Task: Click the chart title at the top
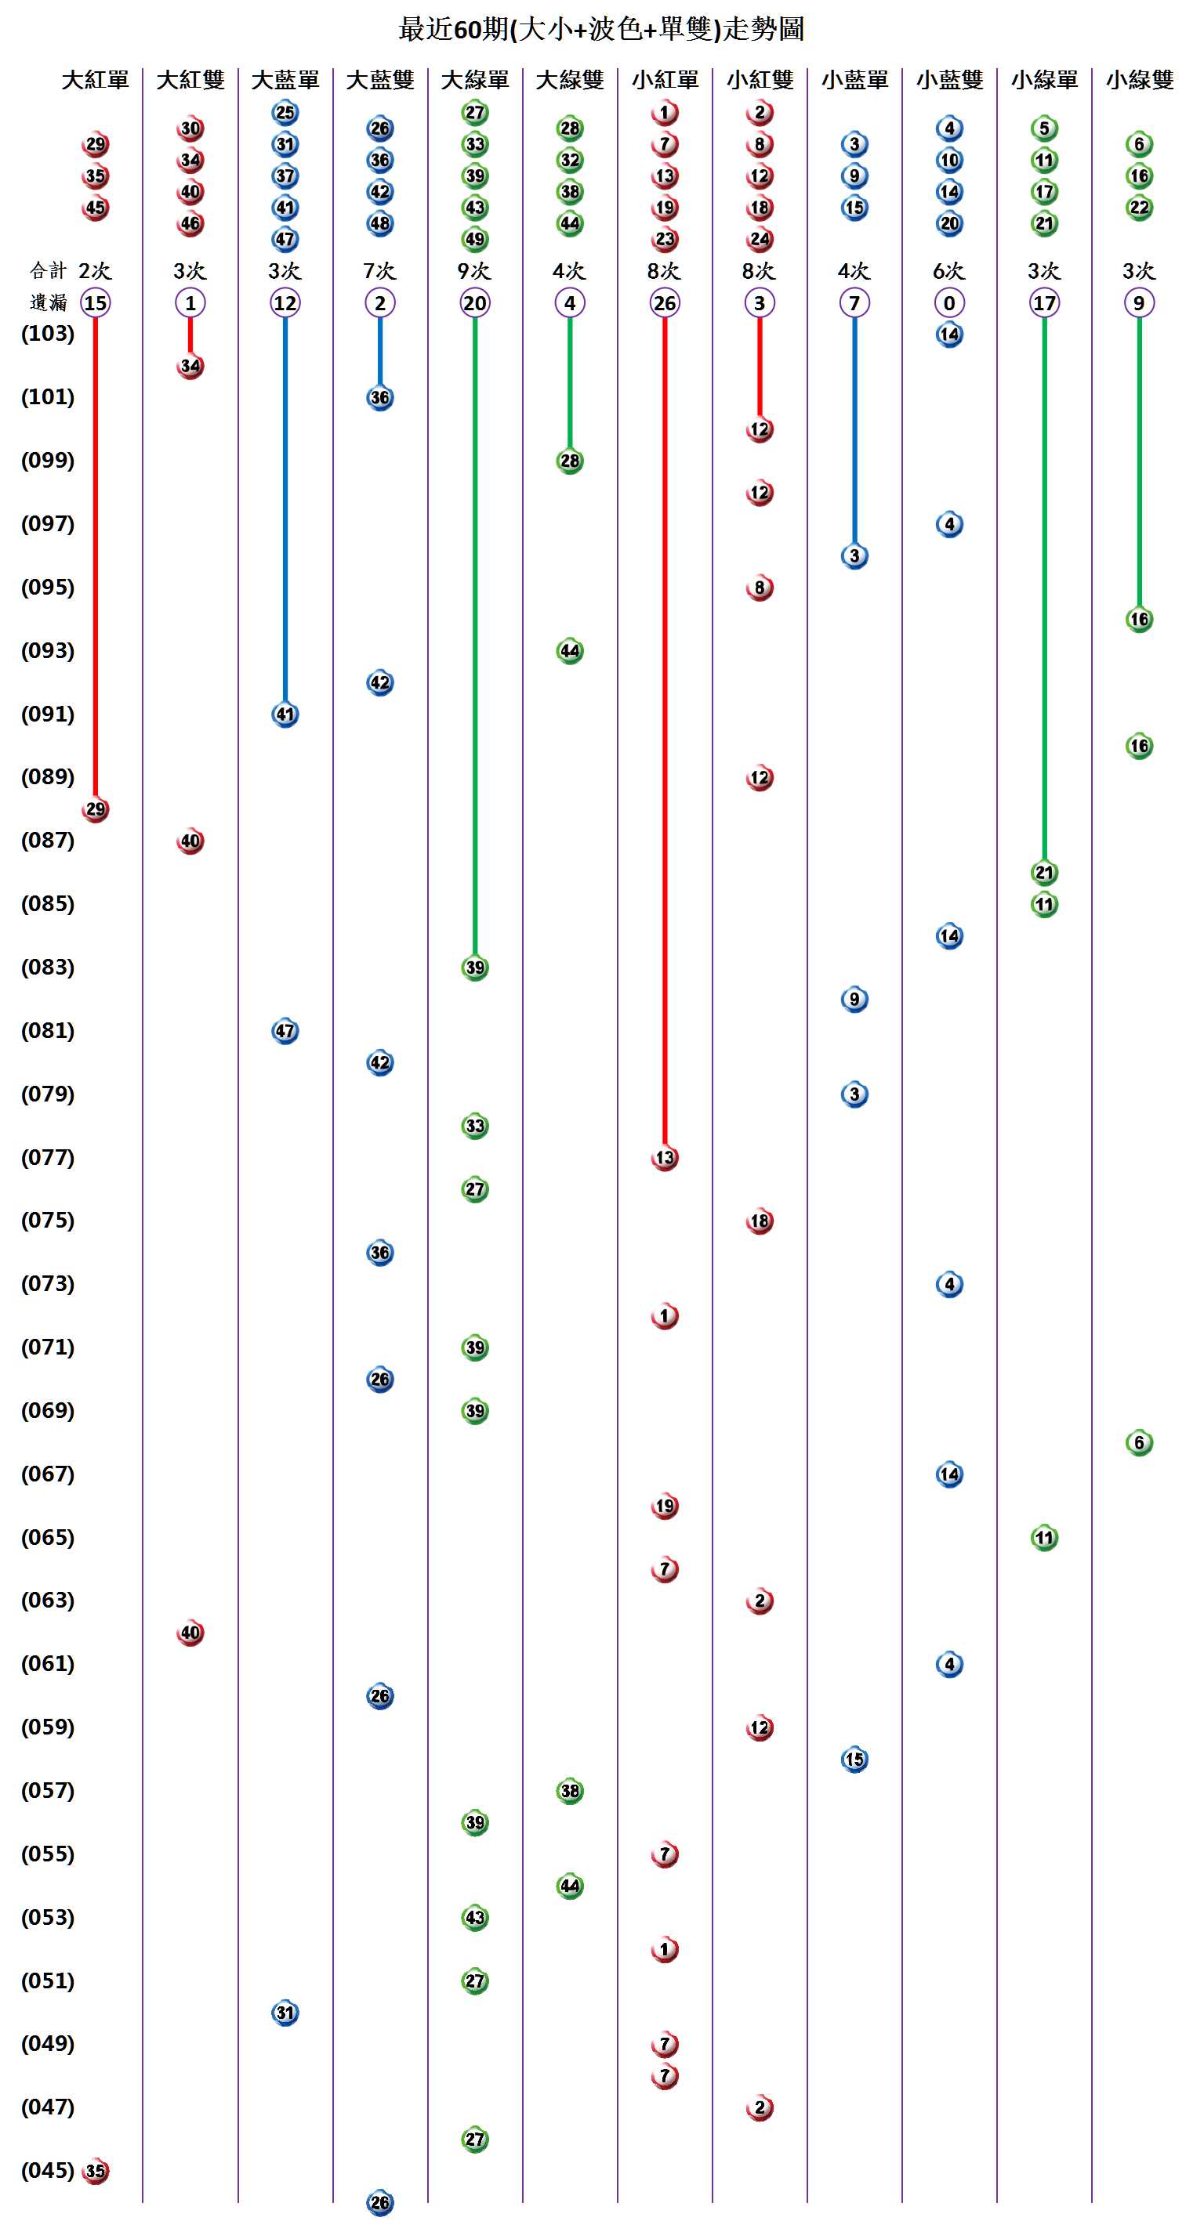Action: [x=601, y=29]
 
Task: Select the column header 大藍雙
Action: [x=380, y=80]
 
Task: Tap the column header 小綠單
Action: [x=1044, y=80]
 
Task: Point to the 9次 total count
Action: [x=474, y=271]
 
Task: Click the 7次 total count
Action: [x=379, y=271]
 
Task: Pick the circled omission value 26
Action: [x=664, y=302]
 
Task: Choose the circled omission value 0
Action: [x=948, y=302]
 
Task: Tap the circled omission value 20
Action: [x=474, y=302]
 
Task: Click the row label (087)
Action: [x=48, y=840]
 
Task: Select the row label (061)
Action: [x=48, y=1663]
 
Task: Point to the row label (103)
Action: [x=48, y=333]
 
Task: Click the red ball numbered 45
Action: [x=95, y=208]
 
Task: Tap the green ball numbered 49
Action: [x=474, y=239]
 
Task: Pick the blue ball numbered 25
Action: [x=285, y=112]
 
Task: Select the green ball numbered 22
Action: [x=1138, y=208]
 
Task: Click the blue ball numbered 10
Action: [x=948, y=161]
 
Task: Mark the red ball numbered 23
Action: [x=664, y=239]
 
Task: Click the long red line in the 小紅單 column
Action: [x=664, y=732]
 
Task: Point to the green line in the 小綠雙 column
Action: [x=1138, y=465]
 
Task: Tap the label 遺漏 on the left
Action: [x=49, y=302]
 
